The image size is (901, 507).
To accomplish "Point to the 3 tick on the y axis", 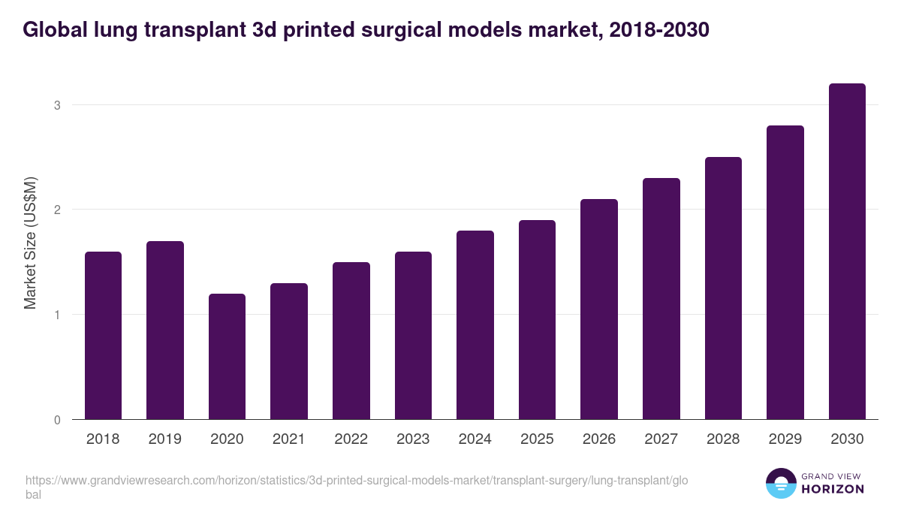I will (56, 105).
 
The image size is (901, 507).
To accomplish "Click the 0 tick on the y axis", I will (56, 420).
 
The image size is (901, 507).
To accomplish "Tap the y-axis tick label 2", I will (56, 210).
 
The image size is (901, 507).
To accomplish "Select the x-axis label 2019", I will (164, 439).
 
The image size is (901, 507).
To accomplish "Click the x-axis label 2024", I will (475, 439).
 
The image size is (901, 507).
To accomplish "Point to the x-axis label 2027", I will (661, 439).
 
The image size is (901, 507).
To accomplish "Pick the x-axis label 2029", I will (785, 439).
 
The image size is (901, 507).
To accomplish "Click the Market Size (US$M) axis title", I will (30, 242).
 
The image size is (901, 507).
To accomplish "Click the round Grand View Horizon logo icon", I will (780, 483).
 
